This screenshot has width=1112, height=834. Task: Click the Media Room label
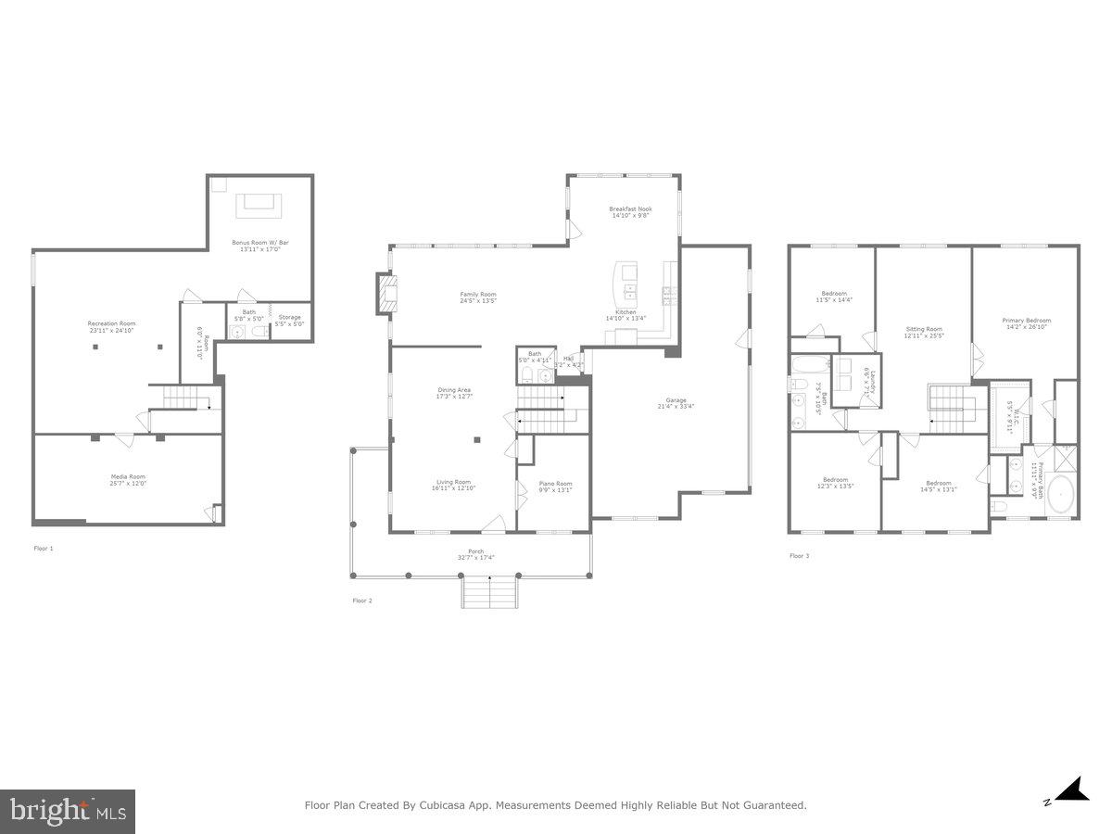129,479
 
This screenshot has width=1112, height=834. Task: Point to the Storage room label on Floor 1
289,320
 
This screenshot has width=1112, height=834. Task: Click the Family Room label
478,297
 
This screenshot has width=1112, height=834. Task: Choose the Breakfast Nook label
630,211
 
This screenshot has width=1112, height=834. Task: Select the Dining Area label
454,393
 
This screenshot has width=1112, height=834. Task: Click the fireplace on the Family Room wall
385,294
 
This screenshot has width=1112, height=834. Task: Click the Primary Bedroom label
1026,322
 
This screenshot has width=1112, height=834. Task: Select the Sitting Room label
924,331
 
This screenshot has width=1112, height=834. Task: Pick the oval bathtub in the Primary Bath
1060,495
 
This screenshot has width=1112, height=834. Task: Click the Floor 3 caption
798,556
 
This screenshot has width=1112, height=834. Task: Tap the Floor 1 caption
44,549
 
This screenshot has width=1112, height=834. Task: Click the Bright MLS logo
68,812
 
